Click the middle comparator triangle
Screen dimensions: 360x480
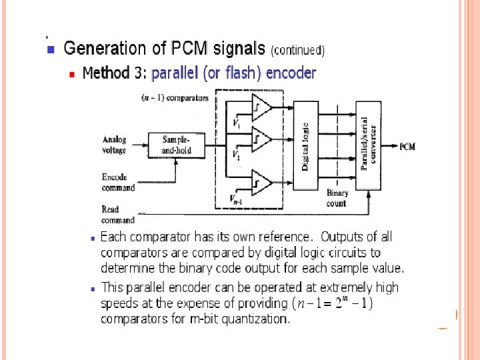pyautogui.click(x=261, y=139)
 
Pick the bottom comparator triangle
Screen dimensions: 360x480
pyautogui.click(x=261, y=182)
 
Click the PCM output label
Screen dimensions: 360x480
pyautogui.click(x=407, y=146)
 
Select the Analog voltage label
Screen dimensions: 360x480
pyautogui.click(x=115, y=145)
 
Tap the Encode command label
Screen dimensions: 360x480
pyautogui.click(x=118, y=183)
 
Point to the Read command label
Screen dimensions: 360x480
pyautogui.click(x=117, y=215)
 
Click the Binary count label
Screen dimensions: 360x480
pyautogui.click(x=337, y=198)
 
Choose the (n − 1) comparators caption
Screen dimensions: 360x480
pyautogui.click(x=175, y=98)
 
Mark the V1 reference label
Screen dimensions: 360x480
pyautogui.click(x=236, y=123)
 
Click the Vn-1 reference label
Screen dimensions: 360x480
pyautogui.click(x=237, y=199)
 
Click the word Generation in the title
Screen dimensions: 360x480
pyautogui.click(x=105, y=49)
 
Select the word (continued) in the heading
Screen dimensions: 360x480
pyautogui.click(x=297, y=50)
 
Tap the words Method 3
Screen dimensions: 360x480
pyautogui.click(x=114, y=73)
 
